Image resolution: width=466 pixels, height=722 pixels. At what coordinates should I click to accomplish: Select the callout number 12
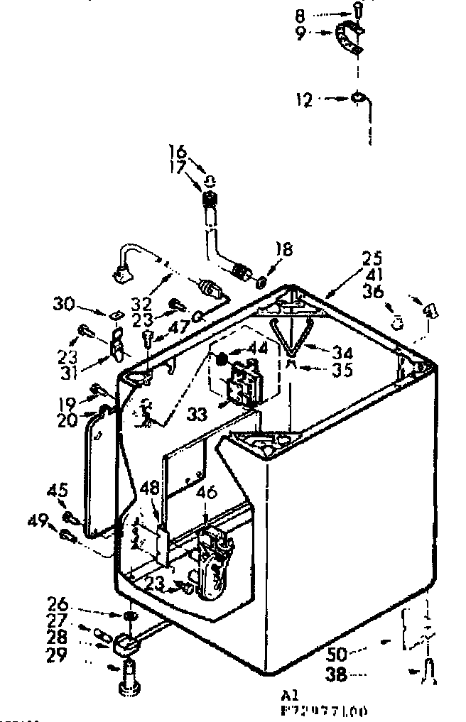(x=304, y=101)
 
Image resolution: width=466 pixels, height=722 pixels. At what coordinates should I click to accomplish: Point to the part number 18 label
(x=283, y=249)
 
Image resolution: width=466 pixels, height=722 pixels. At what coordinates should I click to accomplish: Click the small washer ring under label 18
(x=261, y=281)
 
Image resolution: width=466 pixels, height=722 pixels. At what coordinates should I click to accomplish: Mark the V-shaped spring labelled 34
(x=291, y=337)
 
